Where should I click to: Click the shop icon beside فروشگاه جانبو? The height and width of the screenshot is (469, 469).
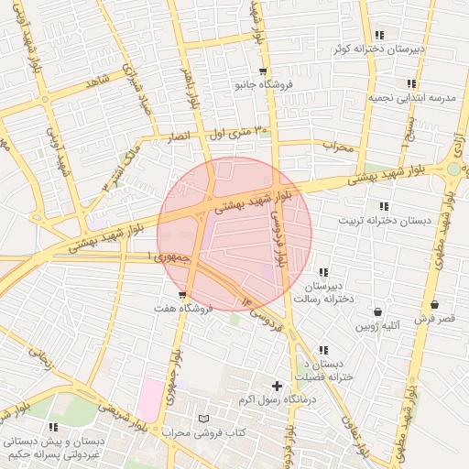point(263,71)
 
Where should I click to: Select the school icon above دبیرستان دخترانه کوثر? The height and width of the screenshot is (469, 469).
point(379,35)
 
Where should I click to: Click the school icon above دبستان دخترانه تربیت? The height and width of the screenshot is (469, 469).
point(383,206)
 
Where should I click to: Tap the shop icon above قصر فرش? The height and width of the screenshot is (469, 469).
point(433,305)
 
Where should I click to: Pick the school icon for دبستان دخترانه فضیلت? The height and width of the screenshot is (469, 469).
point(323,350)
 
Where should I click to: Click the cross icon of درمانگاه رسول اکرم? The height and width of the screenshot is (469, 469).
point(277,386)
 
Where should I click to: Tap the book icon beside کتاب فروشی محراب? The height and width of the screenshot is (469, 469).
point(203,419)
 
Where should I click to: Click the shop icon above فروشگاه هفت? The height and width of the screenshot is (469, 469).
point(184,295)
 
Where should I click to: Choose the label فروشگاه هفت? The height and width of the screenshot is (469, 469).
point(184,309)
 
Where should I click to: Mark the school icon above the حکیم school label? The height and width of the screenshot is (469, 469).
point(53,427)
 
